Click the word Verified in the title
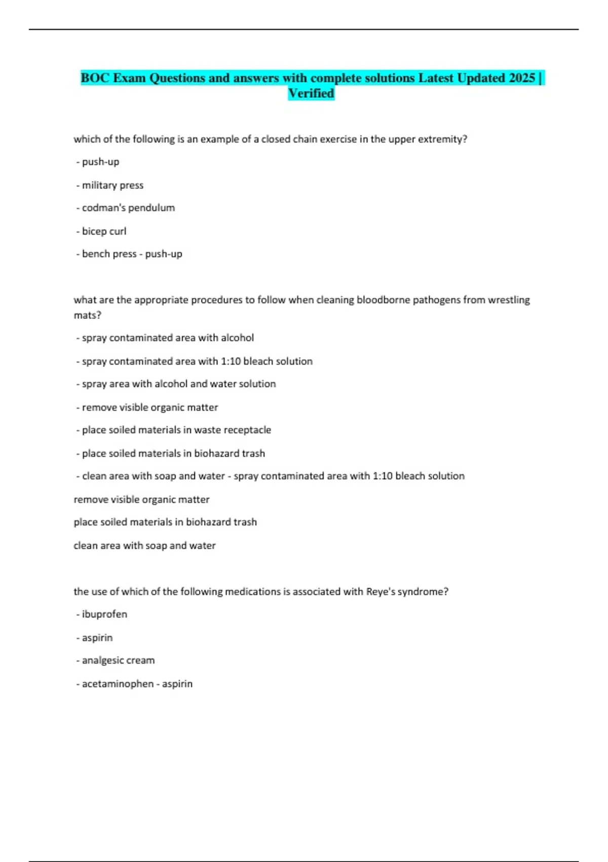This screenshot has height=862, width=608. click(x=311, y=93)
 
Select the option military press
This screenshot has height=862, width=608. click(x=112, y=185)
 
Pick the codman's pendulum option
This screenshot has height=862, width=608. click(x=128, y=208)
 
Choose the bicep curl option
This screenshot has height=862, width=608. click(x=104, y=231)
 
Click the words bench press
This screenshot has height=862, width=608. click(x=109, y=254)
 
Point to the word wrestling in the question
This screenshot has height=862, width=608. click(x=509, y=300)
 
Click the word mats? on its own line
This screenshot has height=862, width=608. click(x=87, y=315)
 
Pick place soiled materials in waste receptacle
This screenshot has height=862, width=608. click(x=176, y=430)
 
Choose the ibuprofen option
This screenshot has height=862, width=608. click(x=104, y=614)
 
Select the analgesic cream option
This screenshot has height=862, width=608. click(x=118, y=660)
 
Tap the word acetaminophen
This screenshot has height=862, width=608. click(x=118, y=684)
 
